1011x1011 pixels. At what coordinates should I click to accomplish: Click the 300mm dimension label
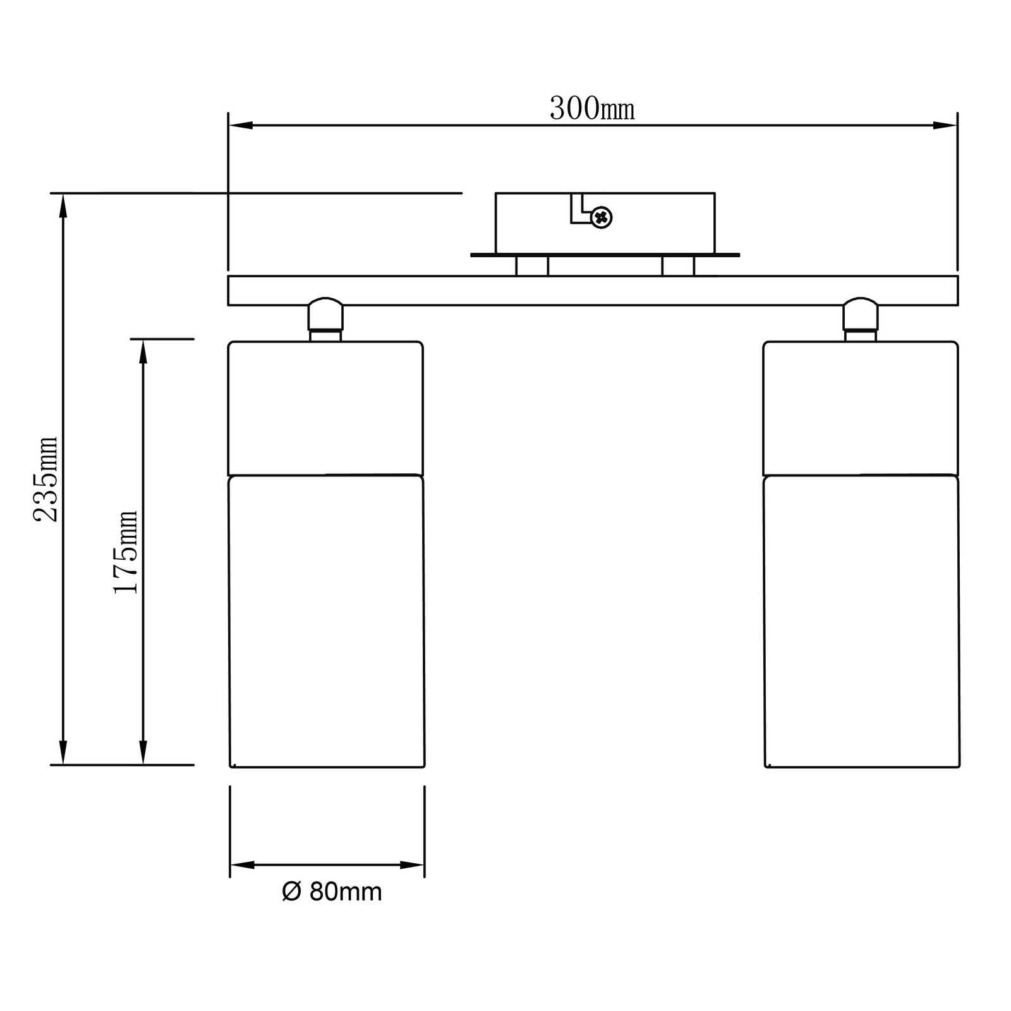click(x=592, y=109)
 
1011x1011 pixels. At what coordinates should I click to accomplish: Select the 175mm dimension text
click(x=125, y=552)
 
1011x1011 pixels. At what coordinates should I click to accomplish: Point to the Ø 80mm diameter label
click(x=332, y=892)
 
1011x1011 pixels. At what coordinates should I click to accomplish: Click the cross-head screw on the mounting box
click(x=601, y=217)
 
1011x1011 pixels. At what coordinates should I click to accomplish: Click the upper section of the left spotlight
click(x=325, y=408)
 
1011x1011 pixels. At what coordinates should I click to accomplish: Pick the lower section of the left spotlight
click(x=326, y=621)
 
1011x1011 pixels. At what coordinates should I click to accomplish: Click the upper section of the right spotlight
click(x=861, y=408)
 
